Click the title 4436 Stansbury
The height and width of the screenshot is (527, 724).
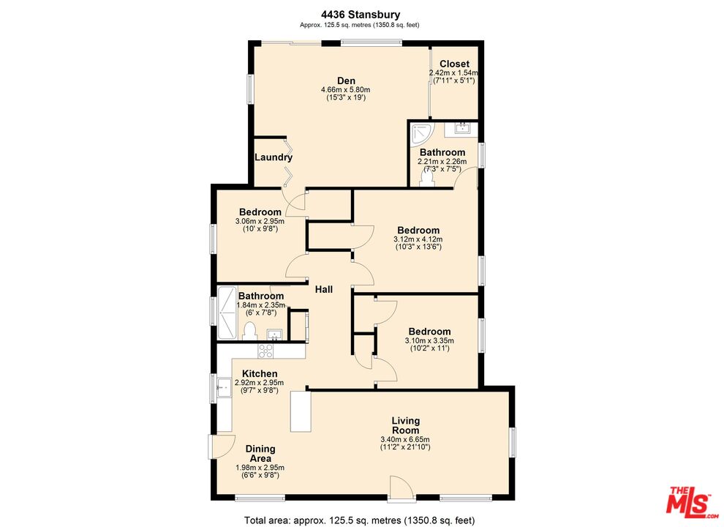tap(361, 15)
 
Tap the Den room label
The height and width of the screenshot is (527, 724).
tap(346, 81)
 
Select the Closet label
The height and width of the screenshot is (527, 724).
tap(454, 64)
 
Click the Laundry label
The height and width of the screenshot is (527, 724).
tap(274, 157)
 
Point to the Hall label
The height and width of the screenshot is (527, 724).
tap(324, 289)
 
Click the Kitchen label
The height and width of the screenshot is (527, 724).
tap(260, 373)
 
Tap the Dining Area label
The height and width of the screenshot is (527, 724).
tap(260, 454)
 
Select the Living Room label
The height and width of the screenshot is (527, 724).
tap(405, 425)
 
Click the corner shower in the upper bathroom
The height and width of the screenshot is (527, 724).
tap(421, 132)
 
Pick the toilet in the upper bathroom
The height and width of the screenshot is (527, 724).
tap(427, 178)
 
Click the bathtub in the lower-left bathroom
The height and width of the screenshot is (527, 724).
tap(226, 313)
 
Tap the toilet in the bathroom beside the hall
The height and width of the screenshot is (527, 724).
tap(249, 332)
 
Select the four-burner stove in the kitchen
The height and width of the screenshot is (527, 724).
tap(265, 351)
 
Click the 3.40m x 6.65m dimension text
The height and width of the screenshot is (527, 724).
tap(405, 439)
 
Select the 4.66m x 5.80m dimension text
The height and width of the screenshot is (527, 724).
tap(346, 90)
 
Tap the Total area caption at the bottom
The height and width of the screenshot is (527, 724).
tap(359, 520)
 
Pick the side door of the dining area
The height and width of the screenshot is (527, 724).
tap(222, 446)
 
